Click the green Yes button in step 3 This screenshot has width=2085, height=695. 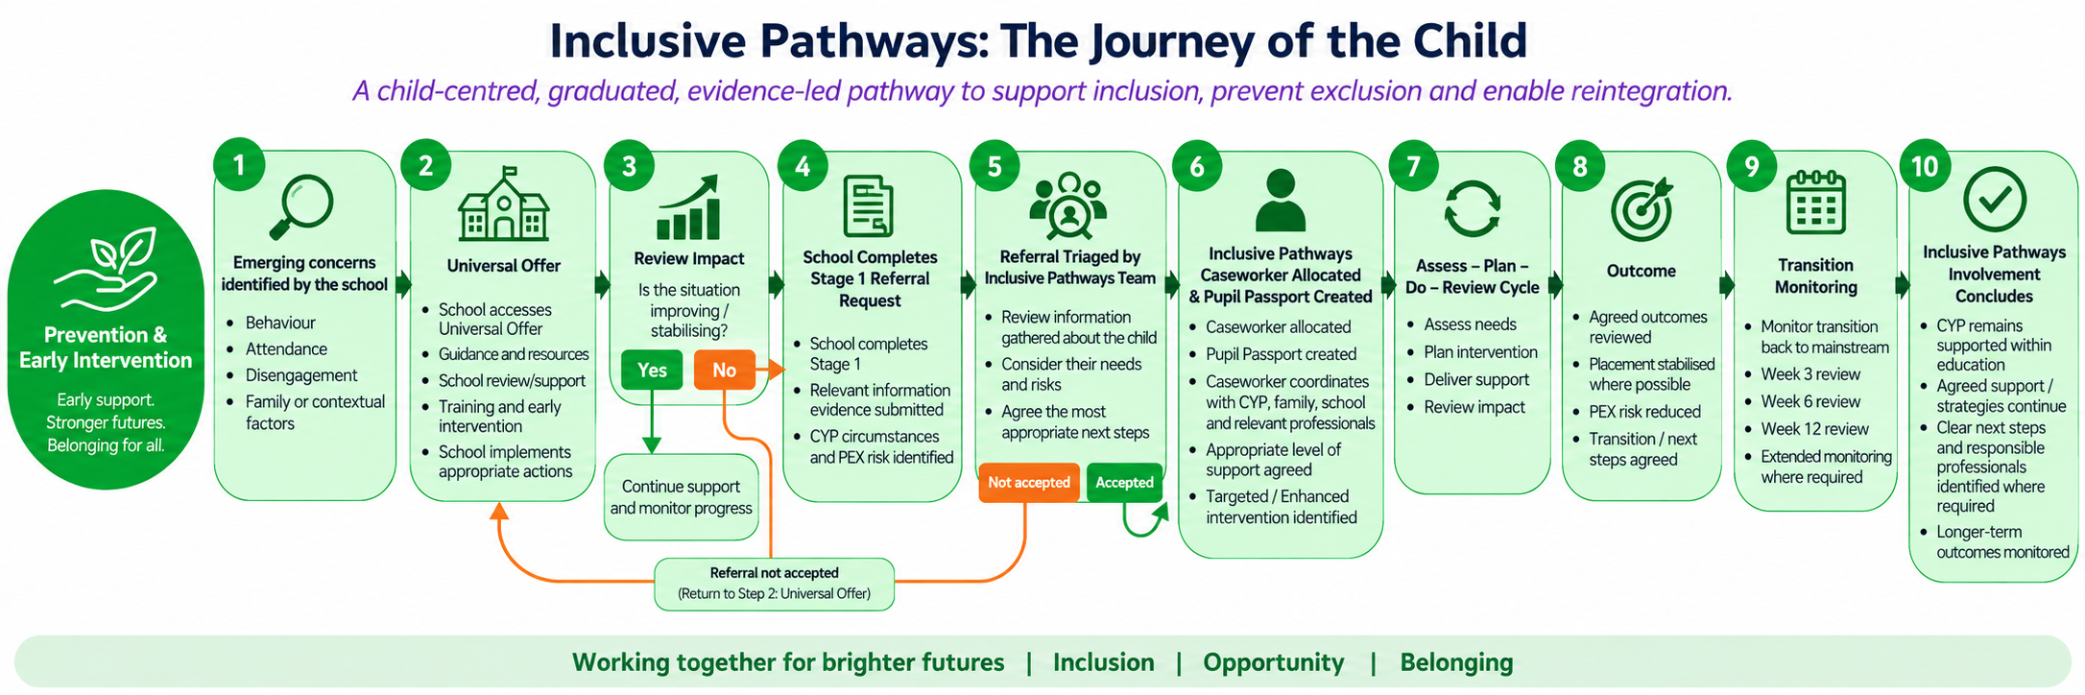tap(652, 370)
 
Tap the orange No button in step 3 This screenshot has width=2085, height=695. tap(725, 370)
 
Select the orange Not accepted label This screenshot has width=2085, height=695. tap(1029, 483)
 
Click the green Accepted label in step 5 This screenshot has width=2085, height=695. tap(1124, 483)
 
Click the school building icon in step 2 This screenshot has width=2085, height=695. tap(504, 203)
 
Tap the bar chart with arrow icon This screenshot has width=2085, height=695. tap(688, 206)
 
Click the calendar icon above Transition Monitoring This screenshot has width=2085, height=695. tap(1815, 203)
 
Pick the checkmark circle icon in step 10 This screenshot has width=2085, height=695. tap(1995, 200)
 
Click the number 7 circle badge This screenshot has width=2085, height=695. tap(1413, 167)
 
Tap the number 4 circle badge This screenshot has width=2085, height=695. tap(803, 167)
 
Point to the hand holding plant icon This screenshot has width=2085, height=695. tap(106, 269)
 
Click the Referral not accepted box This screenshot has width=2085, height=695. tap(775, 584)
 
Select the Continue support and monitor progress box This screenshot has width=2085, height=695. tap(682, 497)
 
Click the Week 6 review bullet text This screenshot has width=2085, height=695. tap(1810, 402)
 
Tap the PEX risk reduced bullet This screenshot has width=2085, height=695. tap(1644, 412)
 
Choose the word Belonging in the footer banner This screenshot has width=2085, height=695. tap(1456, 662)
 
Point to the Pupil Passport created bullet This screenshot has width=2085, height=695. tap(1281, 354)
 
